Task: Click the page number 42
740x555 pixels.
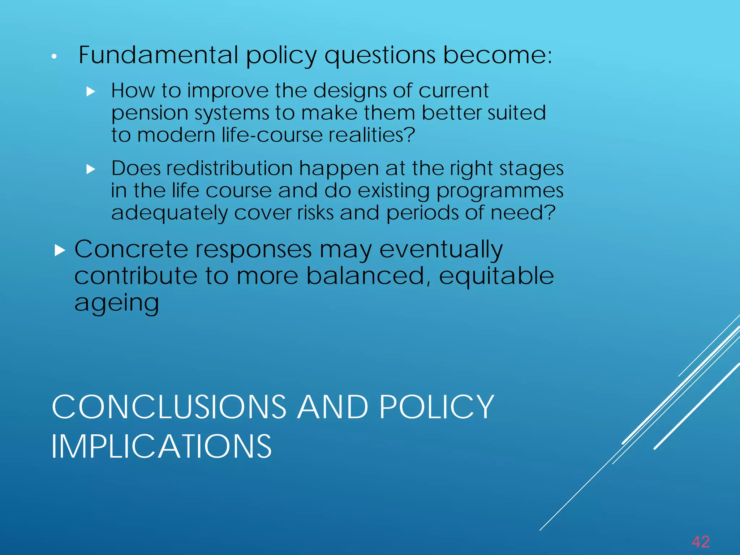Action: click(701, 542)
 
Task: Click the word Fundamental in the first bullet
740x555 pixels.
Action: click(158, 55)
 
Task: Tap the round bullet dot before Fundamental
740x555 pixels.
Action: click(54, 56)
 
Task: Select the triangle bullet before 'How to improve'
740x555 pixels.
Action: click(91, 91)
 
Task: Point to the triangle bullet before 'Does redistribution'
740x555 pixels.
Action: click(91, 169)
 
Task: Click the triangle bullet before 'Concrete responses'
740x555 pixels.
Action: click(60, 250)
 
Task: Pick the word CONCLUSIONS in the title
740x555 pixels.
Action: click(169, 407)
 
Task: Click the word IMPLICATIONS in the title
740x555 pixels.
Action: click(161, 447)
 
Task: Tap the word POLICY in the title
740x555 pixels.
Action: click(436, 407)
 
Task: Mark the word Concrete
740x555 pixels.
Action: click(131, 249)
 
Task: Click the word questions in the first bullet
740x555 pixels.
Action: click(380, 56)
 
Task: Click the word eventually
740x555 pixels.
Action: click(441, 250)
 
